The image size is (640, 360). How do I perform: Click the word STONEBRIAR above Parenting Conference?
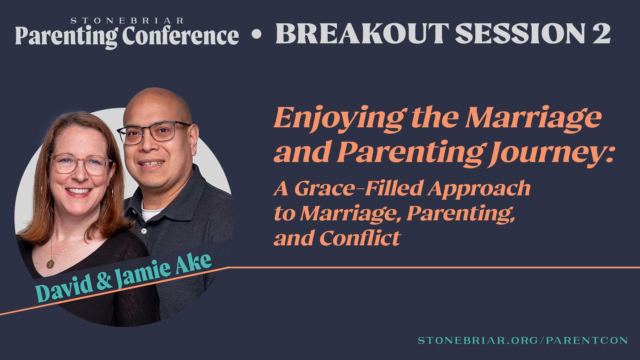(127, 21)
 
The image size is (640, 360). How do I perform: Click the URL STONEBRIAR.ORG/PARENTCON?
(523, 340)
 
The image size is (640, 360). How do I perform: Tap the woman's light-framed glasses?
(80, 165)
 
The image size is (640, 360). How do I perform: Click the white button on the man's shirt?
(144, 231)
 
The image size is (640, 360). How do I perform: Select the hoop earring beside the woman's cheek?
(113, 194)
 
